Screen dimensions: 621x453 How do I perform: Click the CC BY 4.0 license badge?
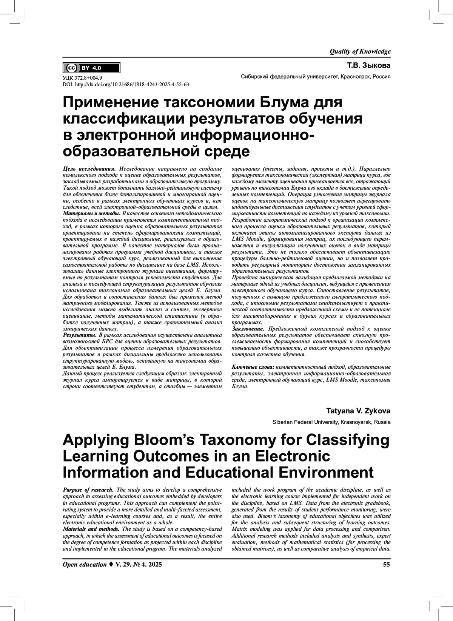[x=91, y=68]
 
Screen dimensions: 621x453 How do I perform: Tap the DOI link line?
[x=126, y=85]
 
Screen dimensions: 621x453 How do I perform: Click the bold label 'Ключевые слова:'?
[x=253, y=367]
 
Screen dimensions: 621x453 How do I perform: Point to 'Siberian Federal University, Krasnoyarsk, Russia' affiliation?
[x=331, y=422]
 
